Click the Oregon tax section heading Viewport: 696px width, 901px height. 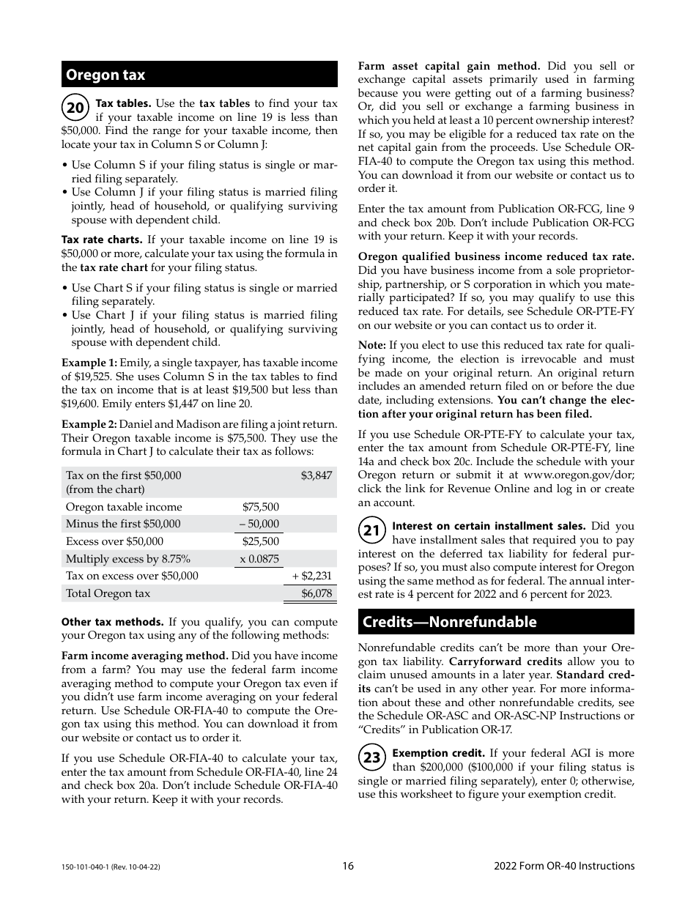pos(105,75)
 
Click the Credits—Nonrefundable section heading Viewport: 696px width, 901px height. pos(449,622)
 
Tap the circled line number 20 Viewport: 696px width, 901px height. pos(75,108)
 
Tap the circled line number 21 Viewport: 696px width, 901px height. pos(372,530)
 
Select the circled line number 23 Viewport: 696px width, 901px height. pos(372,757)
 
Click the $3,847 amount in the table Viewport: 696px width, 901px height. pos(316,475)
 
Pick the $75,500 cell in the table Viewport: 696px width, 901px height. pos(261,507)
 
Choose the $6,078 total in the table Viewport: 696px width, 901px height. pos(316,593)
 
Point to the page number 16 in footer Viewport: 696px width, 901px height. pos(348,866)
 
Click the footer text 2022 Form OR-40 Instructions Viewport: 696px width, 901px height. pos(564,866)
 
